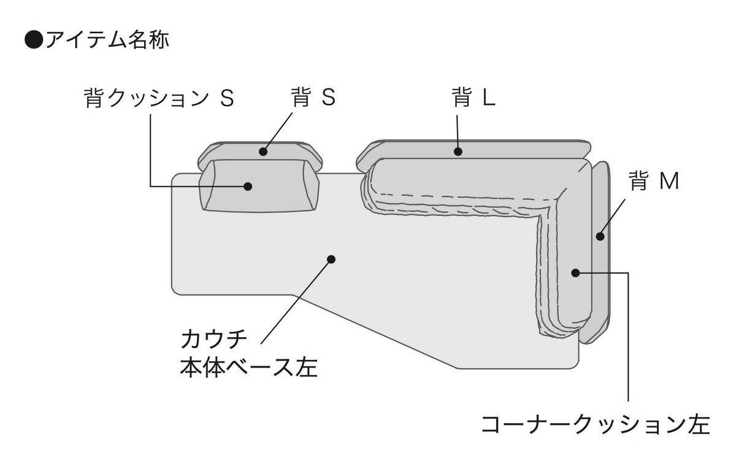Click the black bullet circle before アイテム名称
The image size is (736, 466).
tap(33, 41)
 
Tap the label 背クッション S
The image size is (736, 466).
tap(158, 99)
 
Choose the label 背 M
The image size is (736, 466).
tap(654, 182)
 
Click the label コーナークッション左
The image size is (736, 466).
tap(595, 424)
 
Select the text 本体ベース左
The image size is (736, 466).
tap(248, 368)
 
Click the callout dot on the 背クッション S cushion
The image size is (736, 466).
tap(248, 186)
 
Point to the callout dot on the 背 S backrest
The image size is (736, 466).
tap(263, 151)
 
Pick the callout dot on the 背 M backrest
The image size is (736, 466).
tap(600, 235)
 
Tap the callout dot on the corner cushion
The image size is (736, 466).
tap(575, 272)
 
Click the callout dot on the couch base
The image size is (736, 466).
tap(331, 259)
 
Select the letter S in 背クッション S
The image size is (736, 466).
tap(226, 99)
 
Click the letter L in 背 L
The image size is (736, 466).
tap(488, 98)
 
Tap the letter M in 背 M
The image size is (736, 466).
tap(669, 182)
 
